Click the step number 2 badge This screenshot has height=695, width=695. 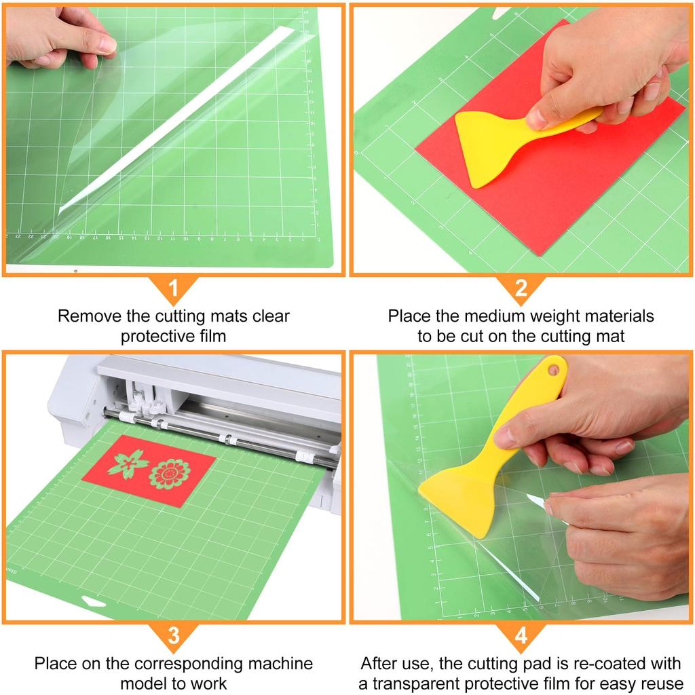(521, 288)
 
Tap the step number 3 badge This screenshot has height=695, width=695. (173, 636)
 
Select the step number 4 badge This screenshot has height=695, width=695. (521, 636)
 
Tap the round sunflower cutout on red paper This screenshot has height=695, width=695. (169, 474)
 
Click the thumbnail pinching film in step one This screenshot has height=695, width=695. (107, 44)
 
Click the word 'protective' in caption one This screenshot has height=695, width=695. (153, 337)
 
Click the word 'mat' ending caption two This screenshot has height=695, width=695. (611, 337)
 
